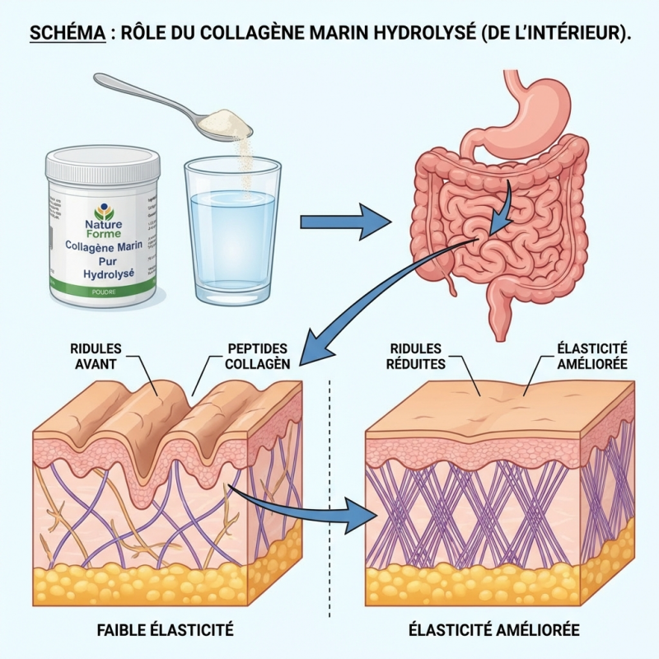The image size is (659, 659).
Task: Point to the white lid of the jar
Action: tap(103, 164)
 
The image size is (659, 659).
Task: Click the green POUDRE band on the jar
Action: tap(102, 290)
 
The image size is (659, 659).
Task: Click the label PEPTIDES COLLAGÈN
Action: tap(257, 356)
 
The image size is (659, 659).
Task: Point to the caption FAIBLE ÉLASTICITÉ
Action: tap(166, 630)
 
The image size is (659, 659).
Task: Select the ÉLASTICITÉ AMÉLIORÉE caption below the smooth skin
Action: tap(494, 630)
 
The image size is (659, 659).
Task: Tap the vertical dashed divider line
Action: tap(329, 494)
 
